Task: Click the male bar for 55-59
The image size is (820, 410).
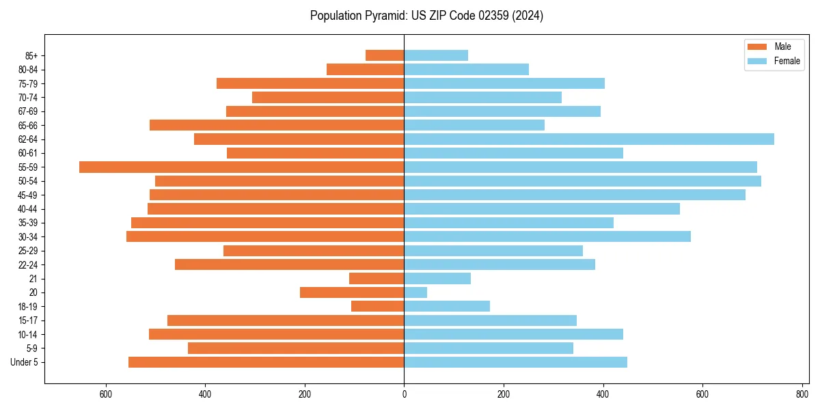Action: point(241,167)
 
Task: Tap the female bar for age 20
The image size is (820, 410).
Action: point(415,292)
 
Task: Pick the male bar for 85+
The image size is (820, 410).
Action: point(385,55)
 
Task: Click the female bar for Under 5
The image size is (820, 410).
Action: point(515,362)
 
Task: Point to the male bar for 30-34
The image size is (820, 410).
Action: point(265,236)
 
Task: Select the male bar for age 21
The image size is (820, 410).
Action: point(377,279)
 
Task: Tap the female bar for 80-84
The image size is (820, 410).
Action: point(466,70)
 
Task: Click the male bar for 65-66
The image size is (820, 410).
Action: point(277,125)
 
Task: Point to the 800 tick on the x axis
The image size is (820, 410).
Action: point(802,394)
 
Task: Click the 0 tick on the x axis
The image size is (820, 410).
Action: point(404,394)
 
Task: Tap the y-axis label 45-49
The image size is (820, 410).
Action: point(28,195)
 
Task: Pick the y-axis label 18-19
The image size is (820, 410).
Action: point(28,307)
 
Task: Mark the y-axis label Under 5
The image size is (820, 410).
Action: point(25,362)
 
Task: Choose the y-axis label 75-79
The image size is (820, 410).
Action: point(28,83)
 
